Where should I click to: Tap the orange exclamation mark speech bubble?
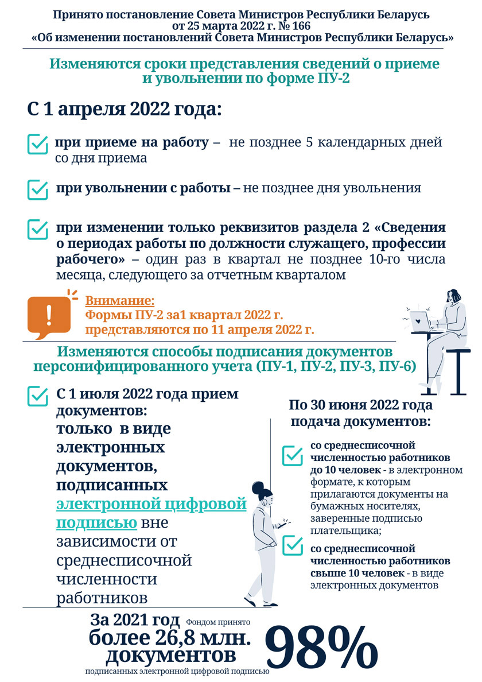pos(48,316)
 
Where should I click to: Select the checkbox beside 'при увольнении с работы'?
pos(38,189)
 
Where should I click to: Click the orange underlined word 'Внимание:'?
pos(120,300)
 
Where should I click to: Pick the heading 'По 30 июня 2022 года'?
pos(360,405)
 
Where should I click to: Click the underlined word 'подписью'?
pos(96,523)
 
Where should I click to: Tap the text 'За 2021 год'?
pos(135,621)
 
